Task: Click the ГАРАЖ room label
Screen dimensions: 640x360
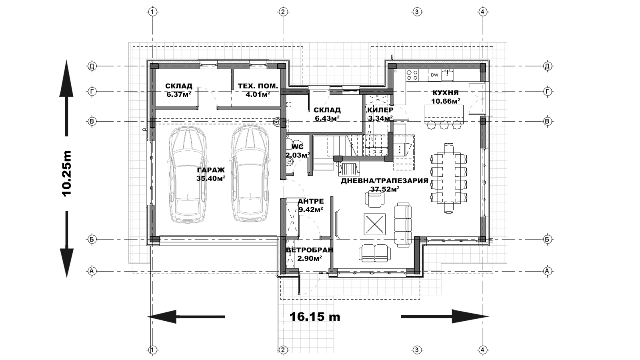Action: pyautogui.click(x=211, y=170)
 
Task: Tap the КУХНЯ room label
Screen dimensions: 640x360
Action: pyautogui.click(x=446, y=93)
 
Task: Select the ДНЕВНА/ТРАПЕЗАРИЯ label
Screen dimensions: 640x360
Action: pyautogui.click(x=384, y=181)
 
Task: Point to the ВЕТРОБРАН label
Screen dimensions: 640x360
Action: pyautogui.click(x=310, y=250)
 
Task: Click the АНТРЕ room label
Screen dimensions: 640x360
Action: pyautogui.click(x=311, y=201)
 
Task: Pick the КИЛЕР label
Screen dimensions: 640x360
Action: pyautogui.click(x=380, y=110)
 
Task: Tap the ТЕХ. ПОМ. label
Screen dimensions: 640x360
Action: pyautogui.click(x=258, y=86)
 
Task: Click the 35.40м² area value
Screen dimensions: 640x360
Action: pyautogui.click(x=211, y=178)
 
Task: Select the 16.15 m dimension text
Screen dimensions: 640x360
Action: pyautogui.click(x=315, y=316)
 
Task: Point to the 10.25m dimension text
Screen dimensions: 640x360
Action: pyautogui.click(x=66, y=174)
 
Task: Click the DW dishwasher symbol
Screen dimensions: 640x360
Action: pyautogui.click(x=434, y=75)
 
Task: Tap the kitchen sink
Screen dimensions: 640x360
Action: pyautogui.click(x=447, y=75)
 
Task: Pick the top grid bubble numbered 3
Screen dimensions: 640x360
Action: pyautogui.click(x=417, y=12)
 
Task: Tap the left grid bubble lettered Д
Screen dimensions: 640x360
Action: pyautogui.click(x=92, y=66)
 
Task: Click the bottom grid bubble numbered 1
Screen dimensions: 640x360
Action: pyautogui.click(x=152, y=350)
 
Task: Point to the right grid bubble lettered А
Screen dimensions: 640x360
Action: pyautogui.click(x=548, y=271)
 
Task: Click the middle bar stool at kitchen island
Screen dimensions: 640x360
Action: pyautogui.click(x=444, y=124)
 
